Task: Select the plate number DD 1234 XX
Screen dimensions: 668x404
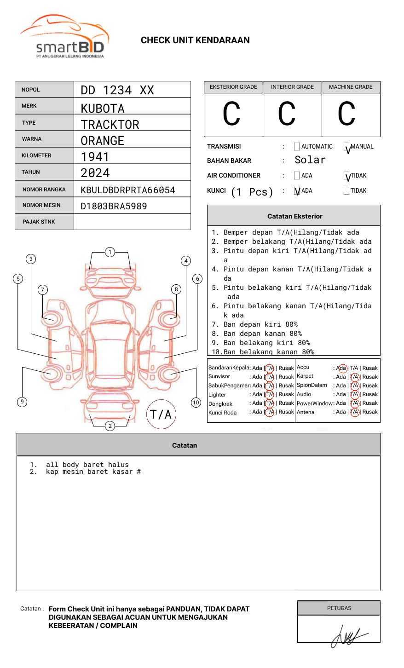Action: click(x=117, y=90)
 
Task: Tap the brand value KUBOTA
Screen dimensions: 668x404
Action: click(x=103, y=109)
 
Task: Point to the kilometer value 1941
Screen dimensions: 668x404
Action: click(x=95, y=157)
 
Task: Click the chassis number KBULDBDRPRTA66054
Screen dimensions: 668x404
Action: click(x=128, y=190)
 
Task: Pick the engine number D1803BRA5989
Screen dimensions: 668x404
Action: click(x=114, y=206)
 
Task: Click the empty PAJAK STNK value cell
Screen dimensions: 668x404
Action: click(x=132, y=222)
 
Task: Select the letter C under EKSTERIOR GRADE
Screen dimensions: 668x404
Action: click(x=231, y=114)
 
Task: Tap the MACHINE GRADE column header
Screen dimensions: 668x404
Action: click(x=351, y=87)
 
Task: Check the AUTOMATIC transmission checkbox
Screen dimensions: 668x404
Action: click(x=297, y=147)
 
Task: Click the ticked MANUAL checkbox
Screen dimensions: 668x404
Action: click(x=346, y=147)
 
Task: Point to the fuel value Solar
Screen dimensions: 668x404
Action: click(x=310, y=160)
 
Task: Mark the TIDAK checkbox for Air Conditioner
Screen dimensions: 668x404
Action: click(x=346, y=176)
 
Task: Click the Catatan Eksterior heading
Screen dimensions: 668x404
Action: click(x=294, y=216)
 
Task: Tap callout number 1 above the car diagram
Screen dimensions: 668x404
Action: click(x=110, y=252)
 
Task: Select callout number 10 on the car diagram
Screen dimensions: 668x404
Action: click(x=196, y=403)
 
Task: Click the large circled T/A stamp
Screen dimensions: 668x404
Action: click(x=161, y=415)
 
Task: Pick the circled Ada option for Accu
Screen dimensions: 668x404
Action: click(x=342, y=368)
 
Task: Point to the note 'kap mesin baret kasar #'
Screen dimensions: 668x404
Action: click(x=93, y=472)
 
